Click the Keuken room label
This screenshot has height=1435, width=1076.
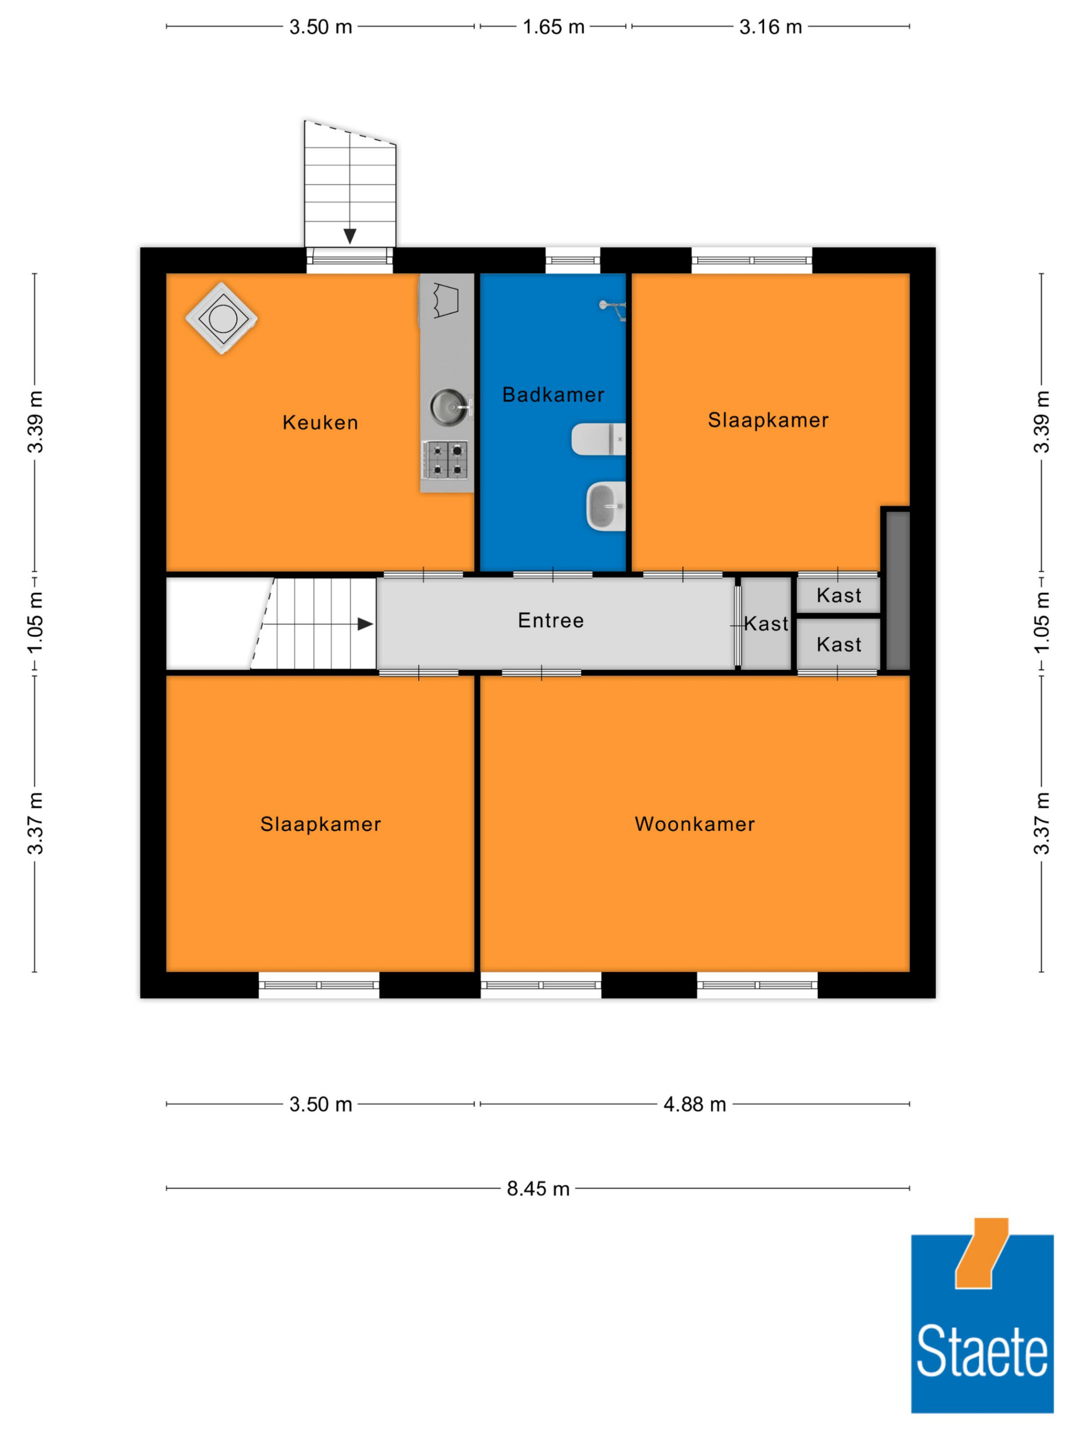click(321, 423)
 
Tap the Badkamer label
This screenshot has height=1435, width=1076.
click(553, 394)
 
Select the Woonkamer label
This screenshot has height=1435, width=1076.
click(695, 824)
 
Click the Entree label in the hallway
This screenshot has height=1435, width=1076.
click(551, 620)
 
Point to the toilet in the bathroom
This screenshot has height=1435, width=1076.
click(598, 439)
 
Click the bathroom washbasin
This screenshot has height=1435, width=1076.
click(606, 506)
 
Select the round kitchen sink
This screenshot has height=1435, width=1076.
click(448, 407)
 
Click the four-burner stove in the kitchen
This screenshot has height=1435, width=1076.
click(446, 460)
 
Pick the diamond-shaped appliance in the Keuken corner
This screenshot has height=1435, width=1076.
click(222, 318)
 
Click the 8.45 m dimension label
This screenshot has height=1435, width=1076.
click(537, 1189)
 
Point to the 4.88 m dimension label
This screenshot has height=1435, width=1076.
click(695, 1104)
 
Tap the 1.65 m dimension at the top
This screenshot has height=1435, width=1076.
click(553, 26)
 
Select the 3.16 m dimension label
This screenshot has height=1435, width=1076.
click(770, 26)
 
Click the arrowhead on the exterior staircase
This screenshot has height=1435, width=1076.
click(350, 236)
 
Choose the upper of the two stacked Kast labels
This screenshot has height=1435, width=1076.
click(839, 595)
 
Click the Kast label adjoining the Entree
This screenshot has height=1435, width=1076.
click(766, 624)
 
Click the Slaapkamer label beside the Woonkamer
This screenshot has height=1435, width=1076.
click(321, 824)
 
